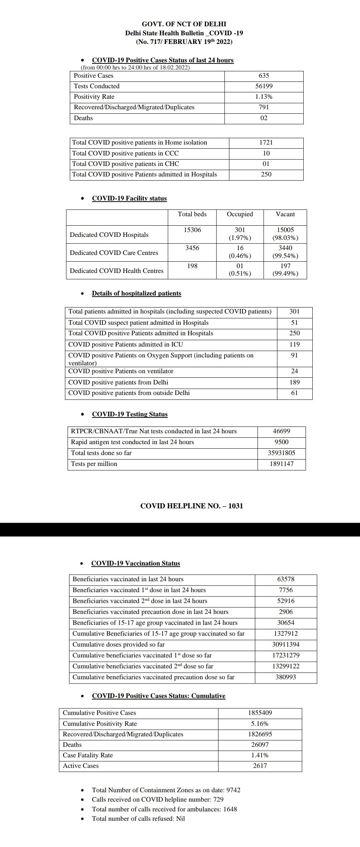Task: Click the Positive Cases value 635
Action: pyautogui.click(x=264, y=76)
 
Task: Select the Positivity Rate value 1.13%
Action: pyautogui.click(x=264, y=97)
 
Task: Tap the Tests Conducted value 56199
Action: pyautogui.click(x=264, y=86)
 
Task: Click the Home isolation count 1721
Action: pyautogui.click(x=266, y=143)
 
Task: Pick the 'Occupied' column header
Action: pyautogui.click(x=240, y=214)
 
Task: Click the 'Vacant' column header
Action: pyautogui.click(x=285, y=214)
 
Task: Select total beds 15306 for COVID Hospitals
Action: pyautogui.click(x=192, y=230)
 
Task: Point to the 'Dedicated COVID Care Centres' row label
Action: pyautogui.click(x=114, y=253)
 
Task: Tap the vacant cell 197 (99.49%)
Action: pyautogui.click(x=285, y=270)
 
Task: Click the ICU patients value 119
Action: pyautogui.click(x=295, y=345)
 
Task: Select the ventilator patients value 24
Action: pyautogui.click(x=295, y=371)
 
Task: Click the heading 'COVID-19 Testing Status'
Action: pyautogui.click(x=130, y=414)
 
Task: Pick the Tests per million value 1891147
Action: pyautogui.click(x=282, y=464)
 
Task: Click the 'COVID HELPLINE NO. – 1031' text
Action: pyautogui.click(x=191, y=506)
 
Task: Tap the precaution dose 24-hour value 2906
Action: pyautogui.click(x=286, y=612)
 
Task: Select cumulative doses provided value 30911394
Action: pyautogui.click(x=286, y=645)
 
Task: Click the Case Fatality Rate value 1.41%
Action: pyautogui.click(x=260, y=755)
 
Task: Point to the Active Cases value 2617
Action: pyautogui.click(x=260, y=766)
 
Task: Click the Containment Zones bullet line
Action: pyautogui.click(x=166, y=790)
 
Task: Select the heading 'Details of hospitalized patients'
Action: pyautogui.click(x=136, y=294)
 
